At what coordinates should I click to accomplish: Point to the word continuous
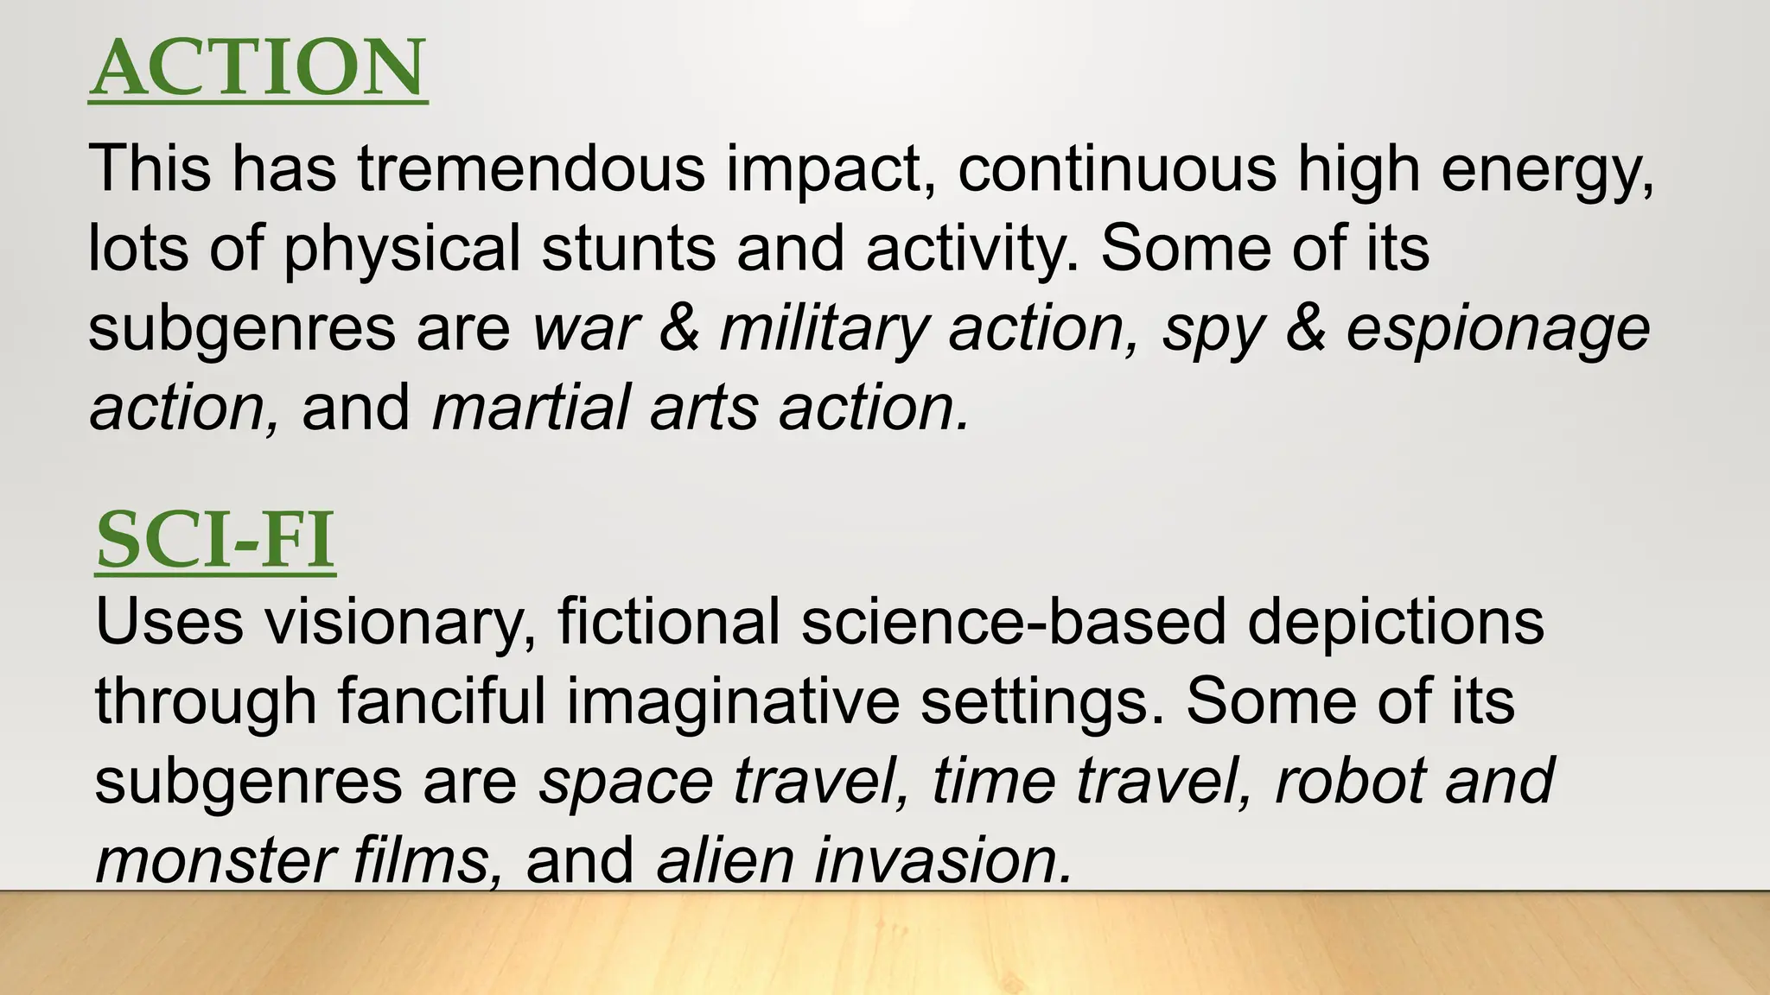pyautogui.click(x=1116, y=168)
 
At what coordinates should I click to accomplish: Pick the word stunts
pyautogui.click(x=627, y=249)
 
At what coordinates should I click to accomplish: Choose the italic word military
pyautogui.click(x=824, y=330)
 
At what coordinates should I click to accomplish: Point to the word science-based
pyautogui.click(x=1013, y=622)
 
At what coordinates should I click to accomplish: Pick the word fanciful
pyautogui.click(x=441, y=701)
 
